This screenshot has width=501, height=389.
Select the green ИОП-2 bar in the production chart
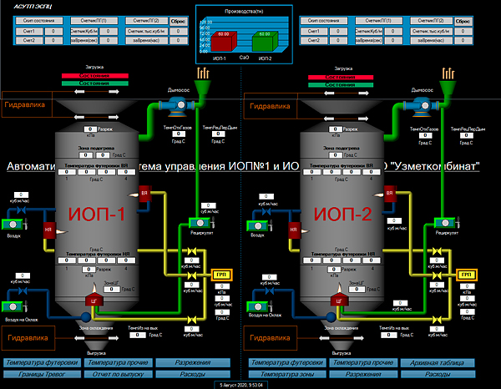265,43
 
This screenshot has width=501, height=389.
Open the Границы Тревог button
41,375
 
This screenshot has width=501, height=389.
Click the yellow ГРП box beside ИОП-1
221,275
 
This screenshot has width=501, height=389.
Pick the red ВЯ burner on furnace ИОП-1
144,194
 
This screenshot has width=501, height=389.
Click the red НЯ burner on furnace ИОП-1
48,230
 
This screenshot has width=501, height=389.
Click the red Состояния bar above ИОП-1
94,76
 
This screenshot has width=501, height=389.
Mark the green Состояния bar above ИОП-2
340,84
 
